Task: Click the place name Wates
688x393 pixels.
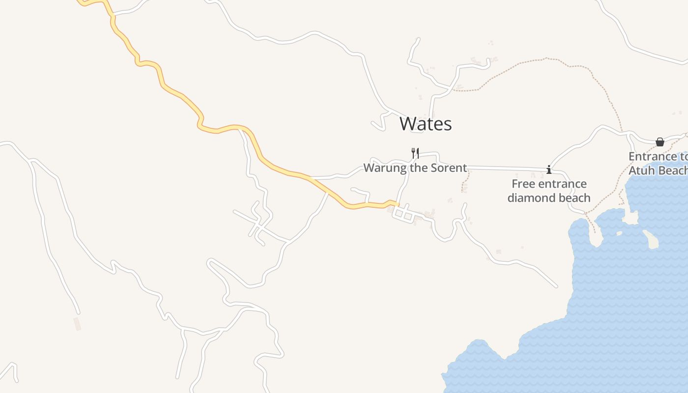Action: pos(426,124)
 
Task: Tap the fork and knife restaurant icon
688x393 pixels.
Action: pos(415,153)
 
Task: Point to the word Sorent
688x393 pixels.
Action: pos(448,168)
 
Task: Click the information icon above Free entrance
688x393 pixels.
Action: pos(549,170)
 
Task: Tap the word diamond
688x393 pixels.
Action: pos(530,198)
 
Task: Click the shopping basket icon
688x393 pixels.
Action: pos(660,142)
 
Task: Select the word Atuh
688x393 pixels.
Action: pos(641,170)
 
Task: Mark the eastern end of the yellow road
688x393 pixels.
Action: pos(397,204)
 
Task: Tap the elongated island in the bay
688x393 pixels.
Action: pos(651,239)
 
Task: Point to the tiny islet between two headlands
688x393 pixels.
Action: pos(619,233)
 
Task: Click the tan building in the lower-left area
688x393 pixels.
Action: pos(77,324)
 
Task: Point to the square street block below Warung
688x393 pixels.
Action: pos(403,214)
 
